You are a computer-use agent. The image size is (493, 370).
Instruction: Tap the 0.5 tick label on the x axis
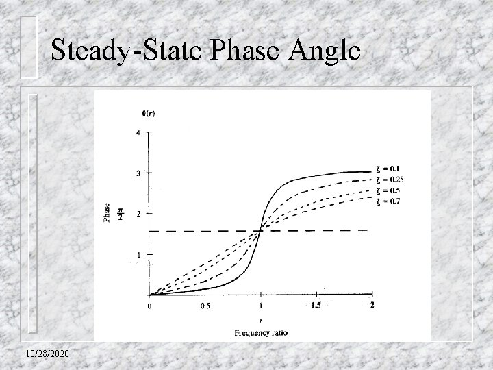point(205,306)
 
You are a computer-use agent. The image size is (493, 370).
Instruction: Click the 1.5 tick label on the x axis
point(316,305)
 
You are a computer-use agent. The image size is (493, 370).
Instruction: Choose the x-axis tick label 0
point(150,306)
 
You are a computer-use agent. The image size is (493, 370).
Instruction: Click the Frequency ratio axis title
point(262,332)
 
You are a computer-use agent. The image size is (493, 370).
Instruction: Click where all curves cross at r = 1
point(261,231)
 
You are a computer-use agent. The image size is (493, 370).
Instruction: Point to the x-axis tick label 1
point(261,306)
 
